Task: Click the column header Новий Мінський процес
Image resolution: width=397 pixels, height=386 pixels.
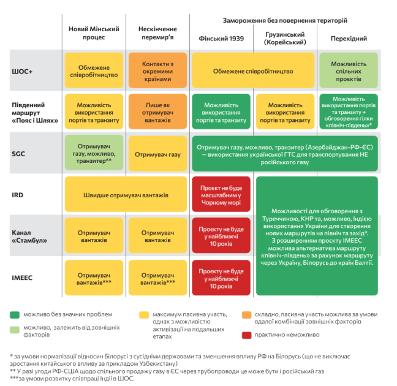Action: (x=94, y=33)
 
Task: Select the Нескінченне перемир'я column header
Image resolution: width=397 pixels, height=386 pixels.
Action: (x=157, y=33)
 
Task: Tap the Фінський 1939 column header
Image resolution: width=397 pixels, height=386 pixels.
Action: (x=221, y=39)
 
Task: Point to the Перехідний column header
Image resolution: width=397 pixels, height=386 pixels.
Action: (x=349, y=39)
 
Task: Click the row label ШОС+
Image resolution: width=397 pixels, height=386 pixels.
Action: (x=22, y=72)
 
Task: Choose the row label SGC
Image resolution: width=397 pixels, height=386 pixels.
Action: (x=18, y=154)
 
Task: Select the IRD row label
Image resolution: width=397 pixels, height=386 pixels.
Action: (x=17, y=195)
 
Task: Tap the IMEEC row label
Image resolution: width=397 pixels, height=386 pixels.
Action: (x=22, y=278)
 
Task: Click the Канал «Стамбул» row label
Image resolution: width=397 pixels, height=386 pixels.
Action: (x=29, y=237)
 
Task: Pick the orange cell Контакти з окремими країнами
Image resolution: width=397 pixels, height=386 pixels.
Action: (x=157, y=70)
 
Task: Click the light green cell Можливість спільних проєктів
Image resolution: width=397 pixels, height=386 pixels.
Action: (x=349, y=70)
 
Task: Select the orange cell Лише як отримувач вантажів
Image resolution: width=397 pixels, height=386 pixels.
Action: (x=157, y=112)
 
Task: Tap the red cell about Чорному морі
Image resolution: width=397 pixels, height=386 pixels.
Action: (x=221, y=194)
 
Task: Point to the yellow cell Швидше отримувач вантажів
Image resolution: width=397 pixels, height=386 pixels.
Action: (x=126, y=194)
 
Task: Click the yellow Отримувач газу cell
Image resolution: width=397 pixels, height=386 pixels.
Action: (x=157, y=154)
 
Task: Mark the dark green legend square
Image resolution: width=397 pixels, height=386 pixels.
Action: (x=15, y=315)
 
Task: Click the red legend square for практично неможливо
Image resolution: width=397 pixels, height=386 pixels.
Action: (x=247, y=335)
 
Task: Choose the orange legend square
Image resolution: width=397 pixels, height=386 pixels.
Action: (x=247, y=315)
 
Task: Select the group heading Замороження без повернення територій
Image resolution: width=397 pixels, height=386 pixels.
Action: (x=285, y=20)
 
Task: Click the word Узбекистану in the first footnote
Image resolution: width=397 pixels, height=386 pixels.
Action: (x=158, y=364)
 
